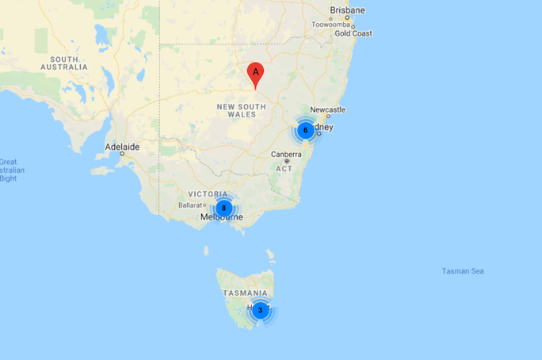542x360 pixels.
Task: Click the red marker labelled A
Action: [x=255, y=74]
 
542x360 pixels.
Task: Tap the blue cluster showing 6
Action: [x=306, y=130]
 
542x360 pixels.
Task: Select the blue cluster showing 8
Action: [x=223, y=208]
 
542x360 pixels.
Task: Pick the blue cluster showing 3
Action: [x=260, y=310]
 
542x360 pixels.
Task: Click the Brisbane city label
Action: [x=348, y=10]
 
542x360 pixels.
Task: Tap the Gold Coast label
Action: [x=353, y=34]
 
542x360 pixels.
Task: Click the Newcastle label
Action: [x=327, y=109]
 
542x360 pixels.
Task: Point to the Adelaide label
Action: [x=122, y=147]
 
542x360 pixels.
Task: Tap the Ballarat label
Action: [x=190, y=205]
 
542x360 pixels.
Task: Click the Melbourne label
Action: [x=221, y=217]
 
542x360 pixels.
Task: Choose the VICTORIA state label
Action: [x=208, y=193]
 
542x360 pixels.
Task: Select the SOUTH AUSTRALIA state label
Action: [x=69, y=63]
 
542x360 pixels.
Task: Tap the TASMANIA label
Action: [x=246, y=293]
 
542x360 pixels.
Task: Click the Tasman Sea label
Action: [x=463, y=271]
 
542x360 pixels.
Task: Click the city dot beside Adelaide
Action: [x=122, y=155]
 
